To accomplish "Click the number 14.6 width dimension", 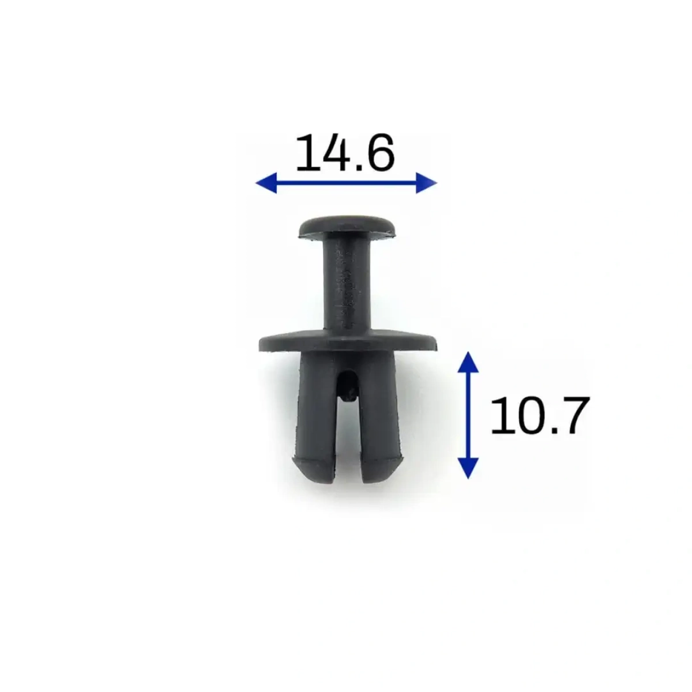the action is click(345, 152).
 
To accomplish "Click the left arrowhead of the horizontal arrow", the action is click(266, 183).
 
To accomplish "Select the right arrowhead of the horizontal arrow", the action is click(426, 183).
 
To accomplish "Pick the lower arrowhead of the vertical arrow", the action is click(469, 468).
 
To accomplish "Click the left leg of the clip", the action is click(317, 416).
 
